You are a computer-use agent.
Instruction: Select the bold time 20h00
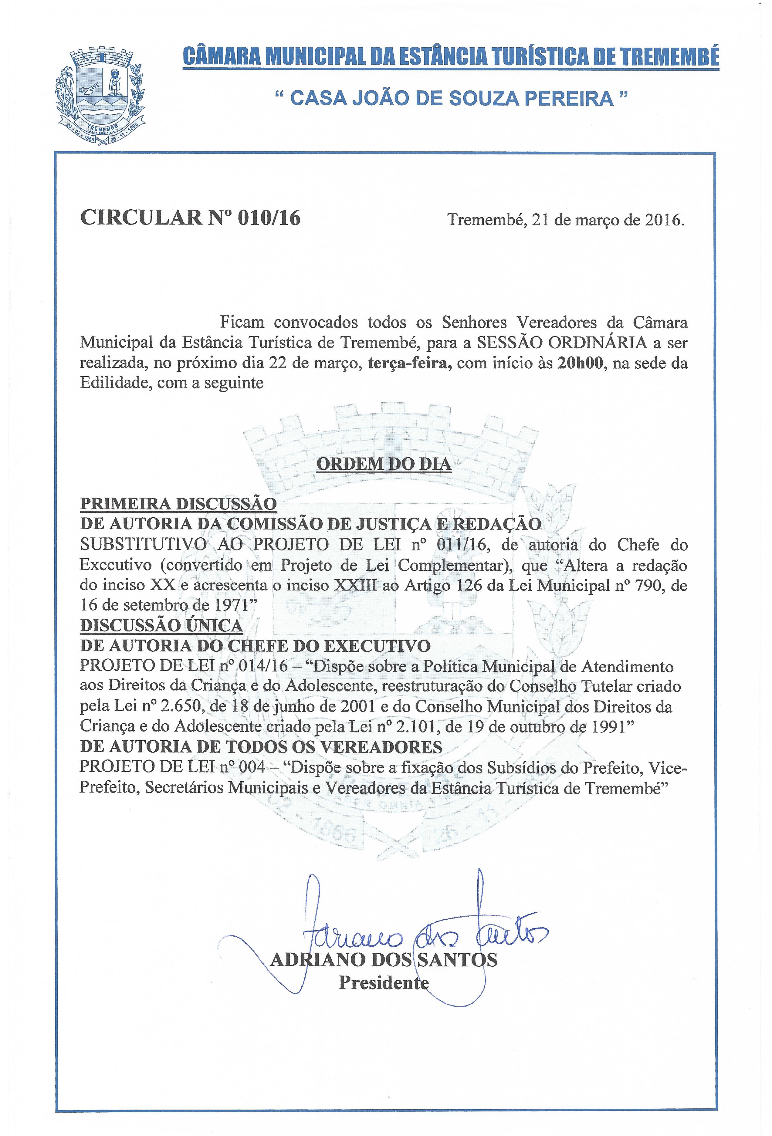coord(579,363)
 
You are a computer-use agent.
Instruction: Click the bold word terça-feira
coord(409,363)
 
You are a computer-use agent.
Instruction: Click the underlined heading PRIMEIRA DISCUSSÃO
coord(178,503)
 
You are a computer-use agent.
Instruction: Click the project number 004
coord(249,767)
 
